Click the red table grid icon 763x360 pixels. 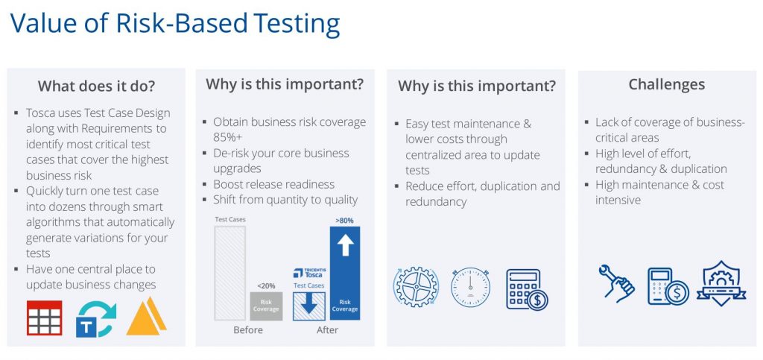[44, 318]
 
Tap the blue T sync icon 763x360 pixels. [96, 319]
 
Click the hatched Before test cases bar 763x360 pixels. [230, 273]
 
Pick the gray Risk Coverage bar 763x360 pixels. [266, 306]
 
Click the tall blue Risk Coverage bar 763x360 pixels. [345, 273]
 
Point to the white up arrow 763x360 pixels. [345, 245]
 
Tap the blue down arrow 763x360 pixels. [308, 305]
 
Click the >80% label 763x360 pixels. [344, 221]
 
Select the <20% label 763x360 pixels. [266, 285]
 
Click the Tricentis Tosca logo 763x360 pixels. [309, 273]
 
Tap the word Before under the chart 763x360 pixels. [248, 330]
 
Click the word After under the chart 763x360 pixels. [327, 330]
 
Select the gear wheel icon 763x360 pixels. [416, 287]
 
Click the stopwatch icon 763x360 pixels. [470, 287]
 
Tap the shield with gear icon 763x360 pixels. [721, 284]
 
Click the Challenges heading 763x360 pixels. [667, 85]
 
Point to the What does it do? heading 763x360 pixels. [96, 86]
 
